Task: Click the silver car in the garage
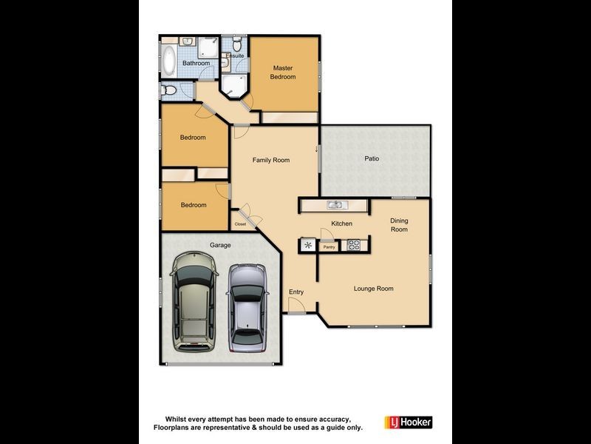247,307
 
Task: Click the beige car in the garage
194,303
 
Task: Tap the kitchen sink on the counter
335,205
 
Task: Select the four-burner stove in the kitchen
353,243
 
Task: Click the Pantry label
329,247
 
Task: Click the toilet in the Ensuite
236,45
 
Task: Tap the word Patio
372,158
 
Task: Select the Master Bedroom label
282,73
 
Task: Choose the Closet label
240,224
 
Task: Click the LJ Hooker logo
408,422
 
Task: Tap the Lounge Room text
373,289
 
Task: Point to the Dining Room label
399,225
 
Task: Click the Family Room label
270,160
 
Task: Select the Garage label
220,245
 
